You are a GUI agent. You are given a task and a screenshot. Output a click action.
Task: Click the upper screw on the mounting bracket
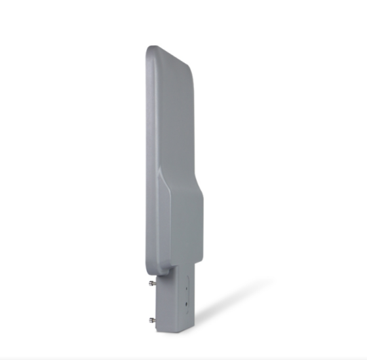152,283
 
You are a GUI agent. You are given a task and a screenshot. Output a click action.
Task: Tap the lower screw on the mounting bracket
152,320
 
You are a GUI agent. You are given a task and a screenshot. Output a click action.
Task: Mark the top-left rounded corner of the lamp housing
150,50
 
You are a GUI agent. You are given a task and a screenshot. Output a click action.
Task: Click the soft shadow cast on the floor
229,301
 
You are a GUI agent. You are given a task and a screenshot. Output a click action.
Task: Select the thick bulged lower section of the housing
183,229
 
